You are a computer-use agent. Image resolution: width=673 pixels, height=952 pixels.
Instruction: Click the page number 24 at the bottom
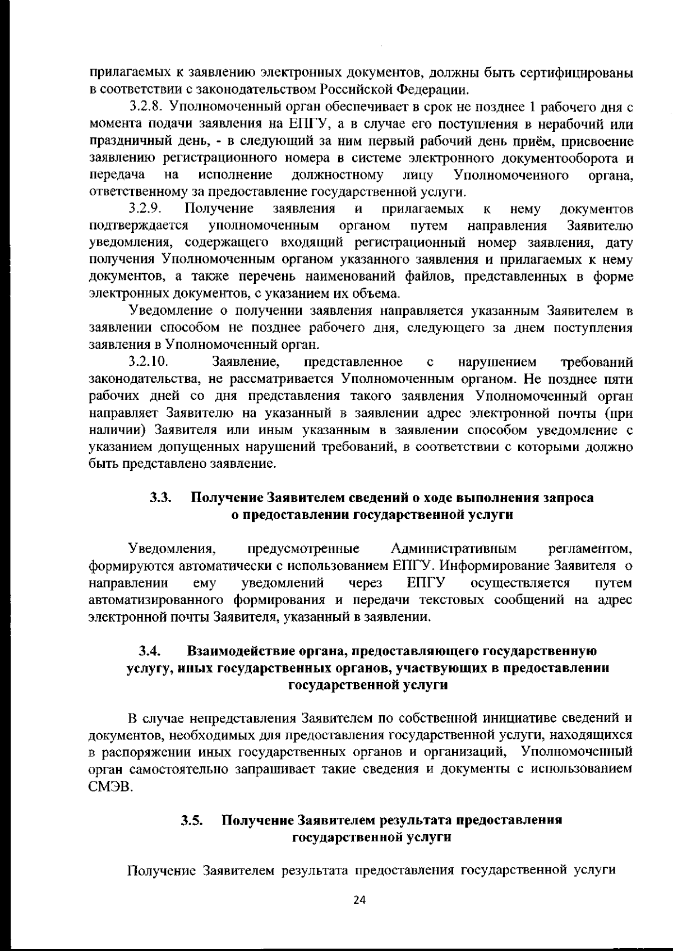coord(359,899)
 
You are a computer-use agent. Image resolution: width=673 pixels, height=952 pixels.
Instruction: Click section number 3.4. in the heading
coord(150,651)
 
